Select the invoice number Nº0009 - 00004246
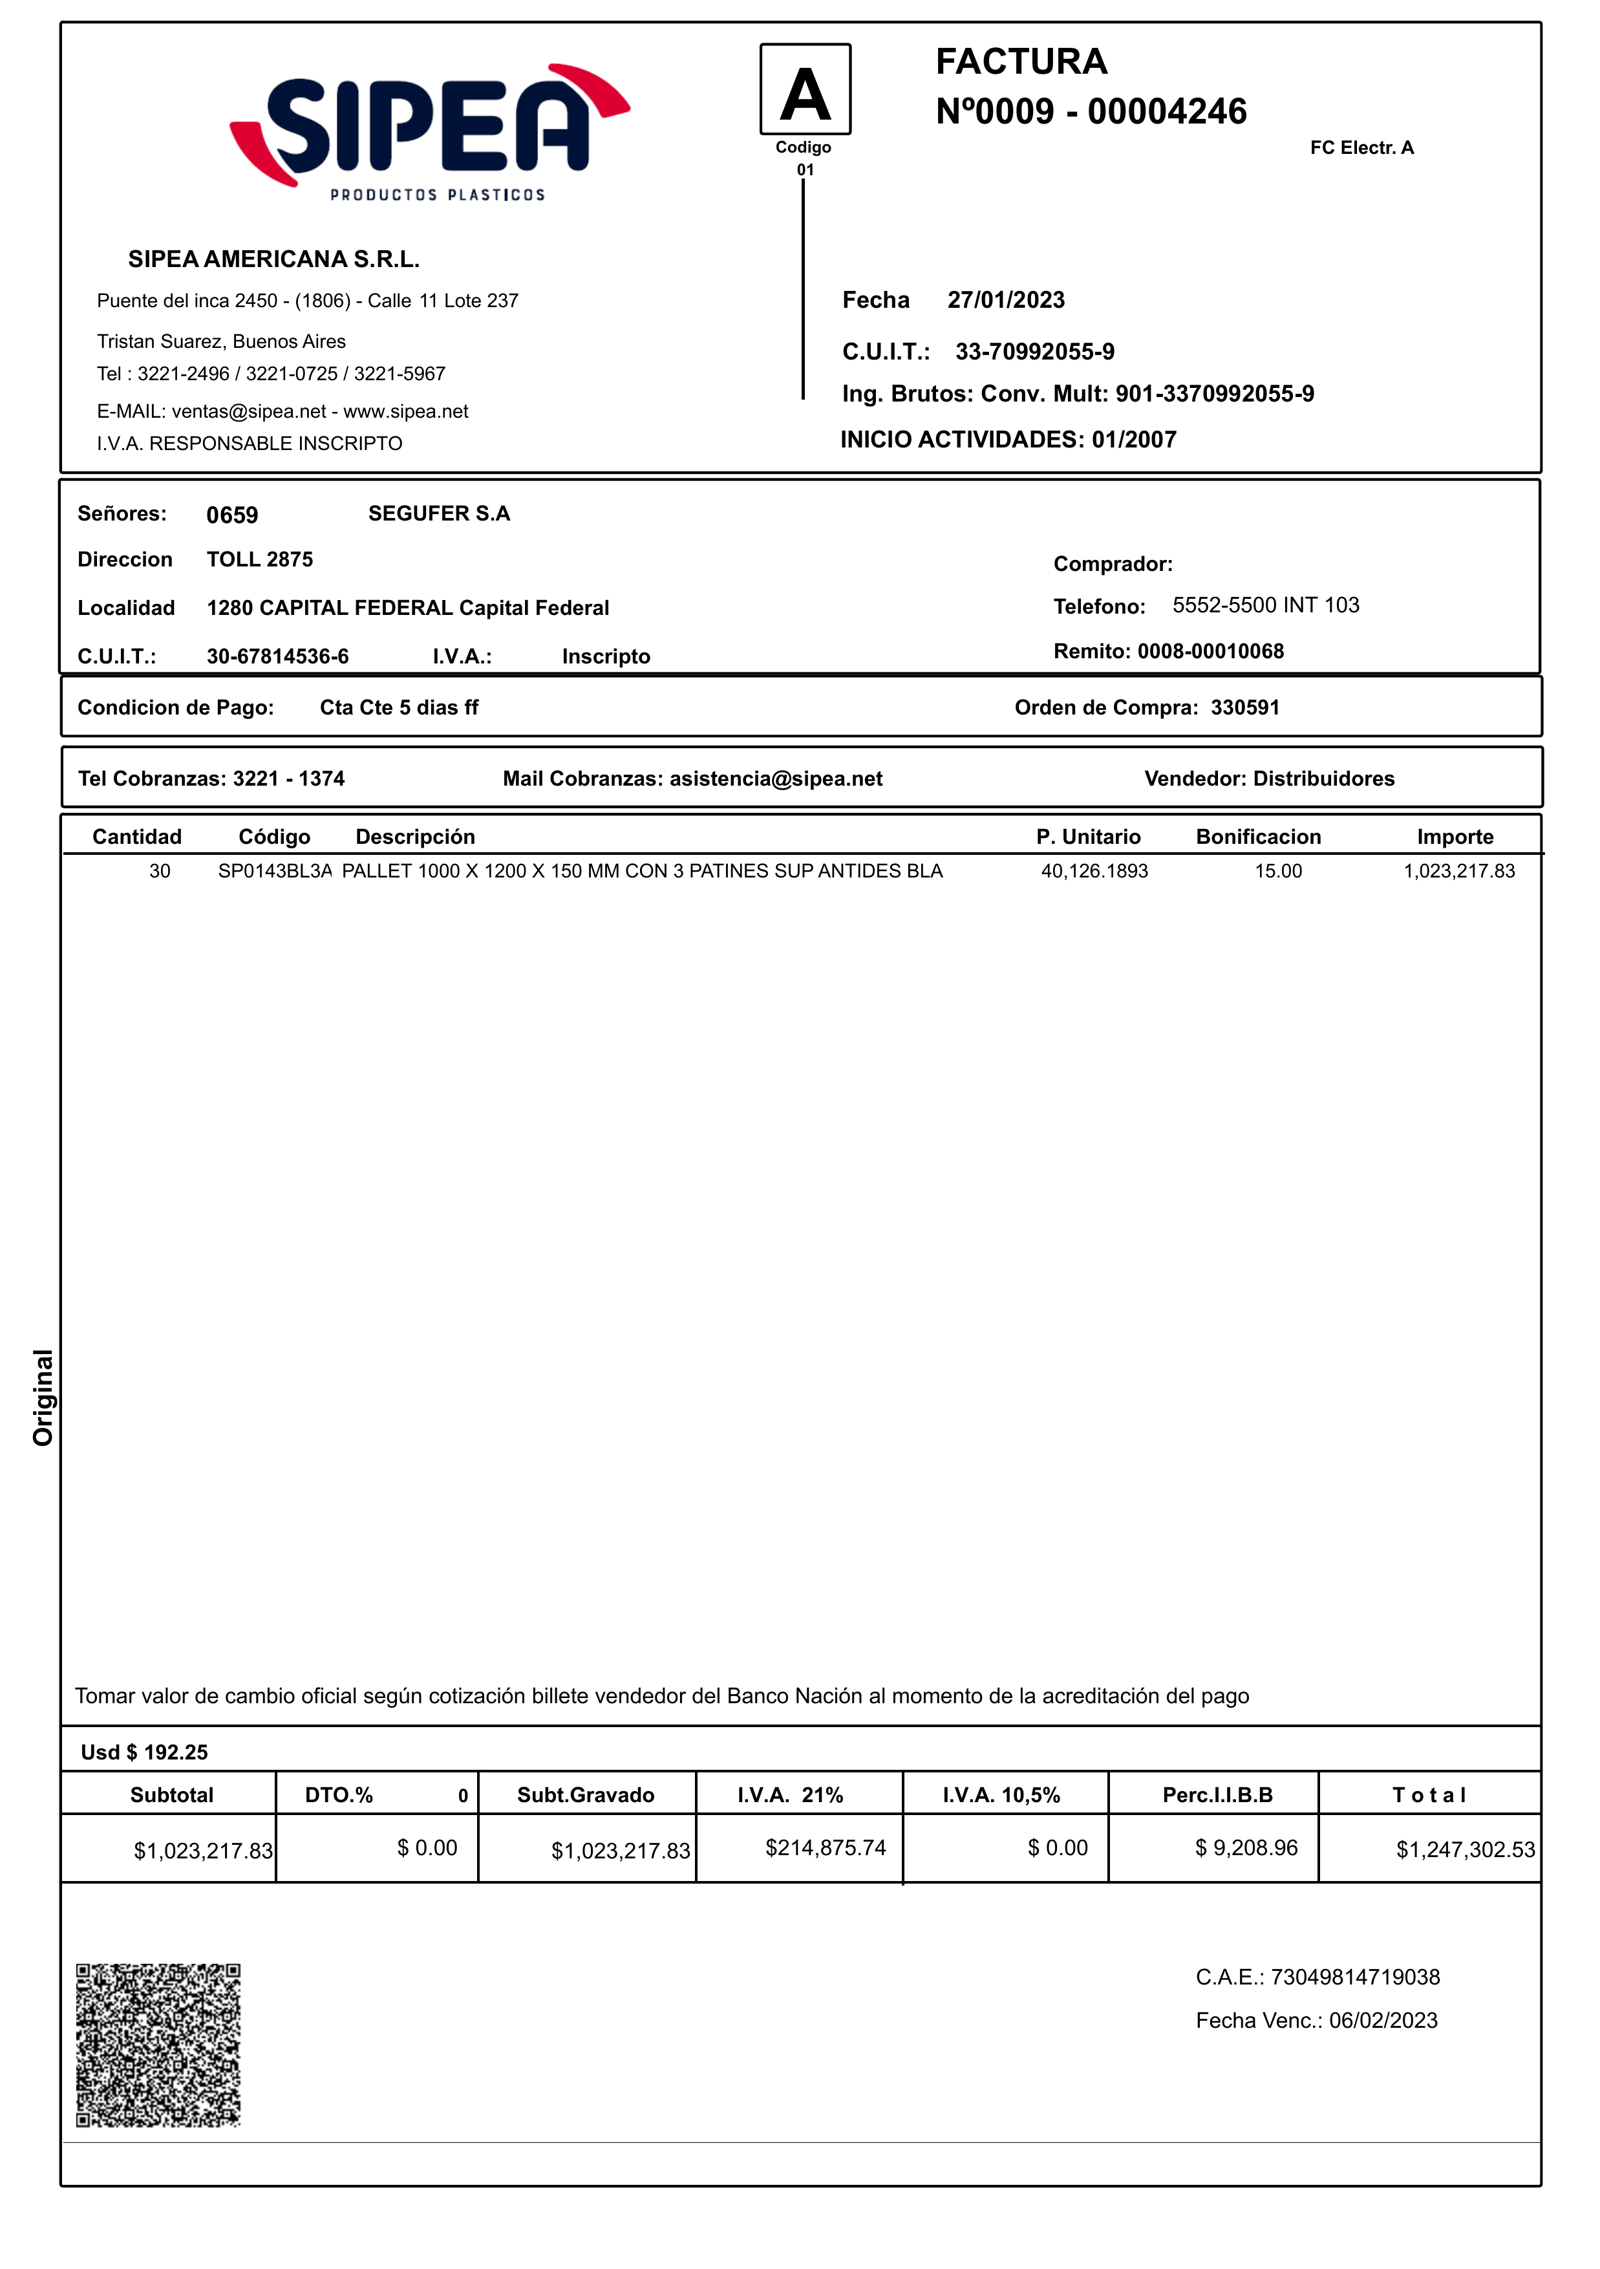(x=1091, y=112)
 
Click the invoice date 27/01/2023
(x=1006, y=301)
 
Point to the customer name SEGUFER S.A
(x=439, y=514)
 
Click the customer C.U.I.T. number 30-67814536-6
(x=278, y=657)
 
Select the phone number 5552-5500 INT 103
(x=1265, y=606)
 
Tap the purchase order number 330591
(x=1244, y=707)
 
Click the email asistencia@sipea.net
(x=776, y=779)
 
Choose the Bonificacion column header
(x=1258, y=837)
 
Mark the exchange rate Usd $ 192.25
(x=144, y=1752)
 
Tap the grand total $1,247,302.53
(x=1465, y=1850)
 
